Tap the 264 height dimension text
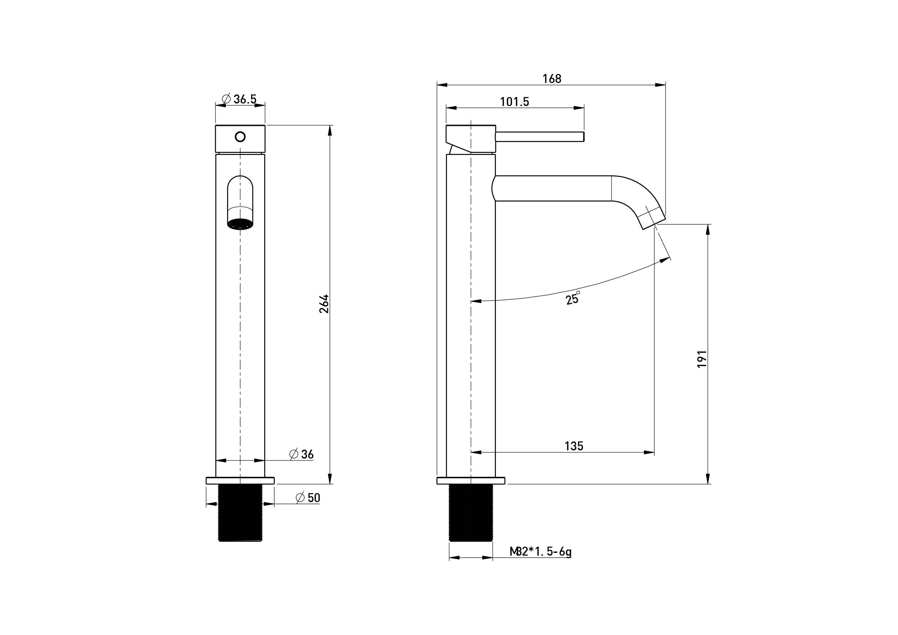324,304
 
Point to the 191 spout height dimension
702,359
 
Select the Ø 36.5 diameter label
239,99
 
